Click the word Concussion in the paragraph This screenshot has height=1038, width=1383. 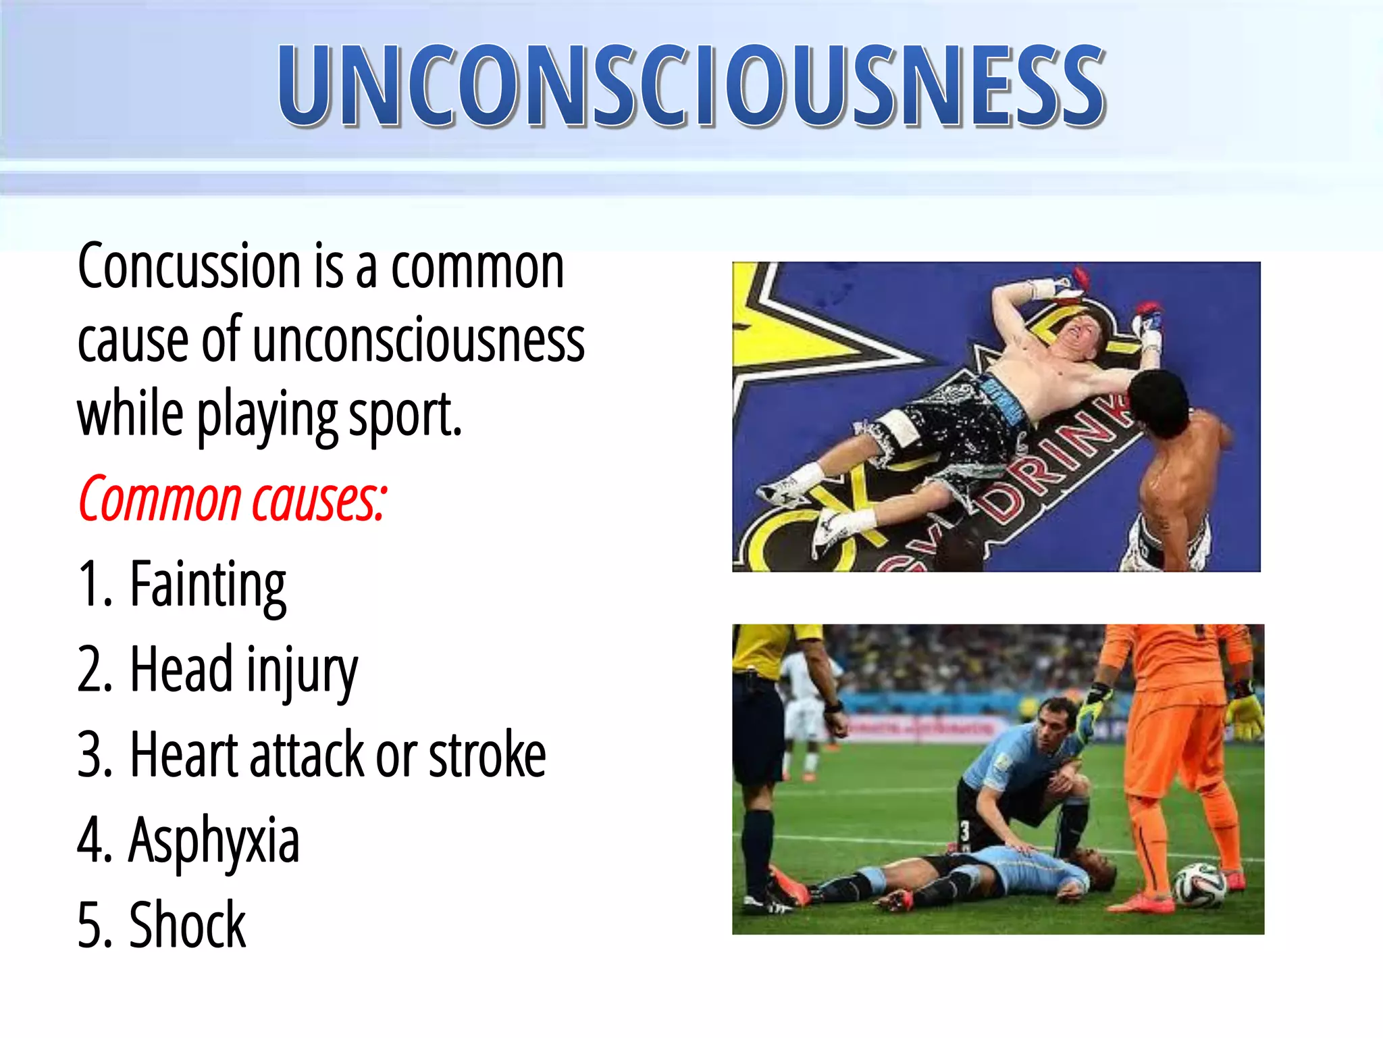click(x=189, y=267)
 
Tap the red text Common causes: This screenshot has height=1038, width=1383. click(x=233, y=500)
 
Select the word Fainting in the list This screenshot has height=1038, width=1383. click(x=207, y=585)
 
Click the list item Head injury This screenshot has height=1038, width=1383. click(x=243, y=670)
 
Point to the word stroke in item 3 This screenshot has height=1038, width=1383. click(x=487, y=755)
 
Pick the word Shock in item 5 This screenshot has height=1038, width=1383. click(x=187, y=925)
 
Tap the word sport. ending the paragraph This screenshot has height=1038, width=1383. click(x=404, y=416)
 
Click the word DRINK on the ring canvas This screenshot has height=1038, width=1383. click(x=1053, y=466)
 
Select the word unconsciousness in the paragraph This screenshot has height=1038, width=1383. click(x=419, y=341)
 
